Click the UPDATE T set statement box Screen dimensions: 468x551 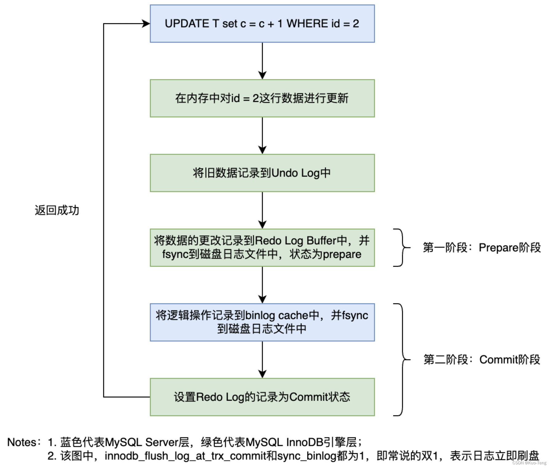tap(262, 24)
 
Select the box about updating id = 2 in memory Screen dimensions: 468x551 tap(262, 98)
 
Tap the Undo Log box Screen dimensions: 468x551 tap(262, 173)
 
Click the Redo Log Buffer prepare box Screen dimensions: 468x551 tap(262, 248)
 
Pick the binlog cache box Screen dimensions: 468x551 tap(262, 322)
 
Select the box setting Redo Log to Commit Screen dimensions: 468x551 tap(262, 397)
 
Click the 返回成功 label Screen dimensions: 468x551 tap(57, 210)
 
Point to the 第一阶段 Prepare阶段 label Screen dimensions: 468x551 tap(482, 248)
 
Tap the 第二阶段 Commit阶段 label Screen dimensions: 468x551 tap(482, 359)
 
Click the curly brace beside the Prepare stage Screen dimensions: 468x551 tap(402, 248)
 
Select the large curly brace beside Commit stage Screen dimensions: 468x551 tap(402, 359)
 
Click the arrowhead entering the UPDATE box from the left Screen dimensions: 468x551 tap(146, 24)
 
